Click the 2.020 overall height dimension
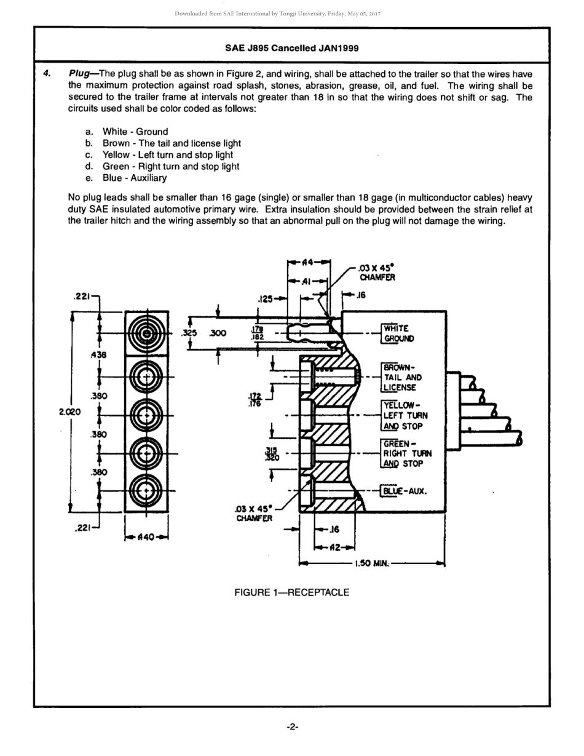(69, 412)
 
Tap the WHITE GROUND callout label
(399, 333)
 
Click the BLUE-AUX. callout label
(404, 491)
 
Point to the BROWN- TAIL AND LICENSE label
(402, 377)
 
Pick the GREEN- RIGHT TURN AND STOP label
(406, 453)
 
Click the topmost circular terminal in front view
(147, 334)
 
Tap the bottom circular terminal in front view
(147, 491)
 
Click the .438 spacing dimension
(98, 355)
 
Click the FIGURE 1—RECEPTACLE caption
(291, 592)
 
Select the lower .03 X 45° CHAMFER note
(254, 514)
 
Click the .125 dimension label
(266, 299)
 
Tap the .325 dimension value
(189, 333)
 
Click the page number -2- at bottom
(292, 727)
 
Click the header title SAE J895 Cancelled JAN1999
(291, 48)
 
